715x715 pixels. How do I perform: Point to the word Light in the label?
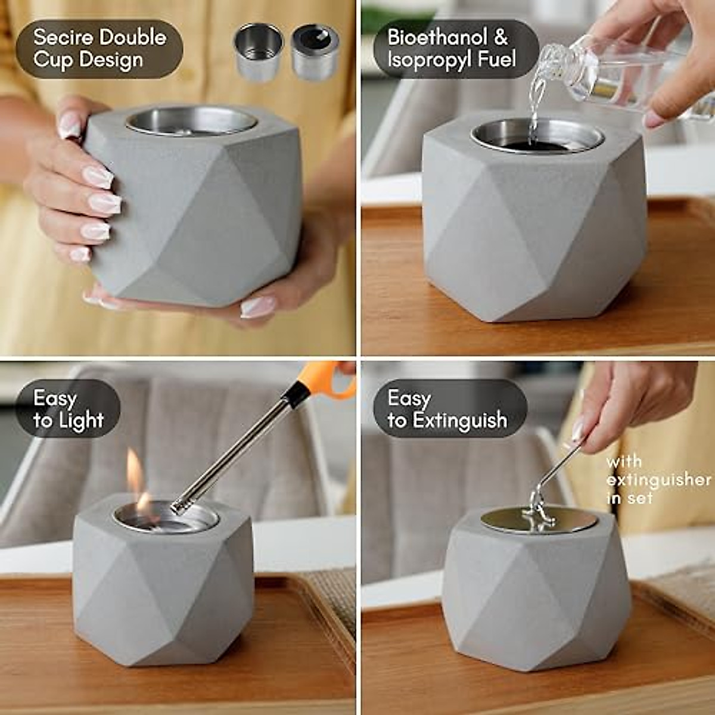[82, 421]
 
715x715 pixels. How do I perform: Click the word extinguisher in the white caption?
[658, 480]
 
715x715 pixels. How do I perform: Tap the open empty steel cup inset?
[259, 52]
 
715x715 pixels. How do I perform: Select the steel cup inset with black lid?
[315, 52]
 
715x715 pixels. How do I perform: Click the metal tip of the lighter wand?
[178, 507]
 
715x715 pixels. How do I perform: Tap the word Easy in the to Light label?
[55, 398]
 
